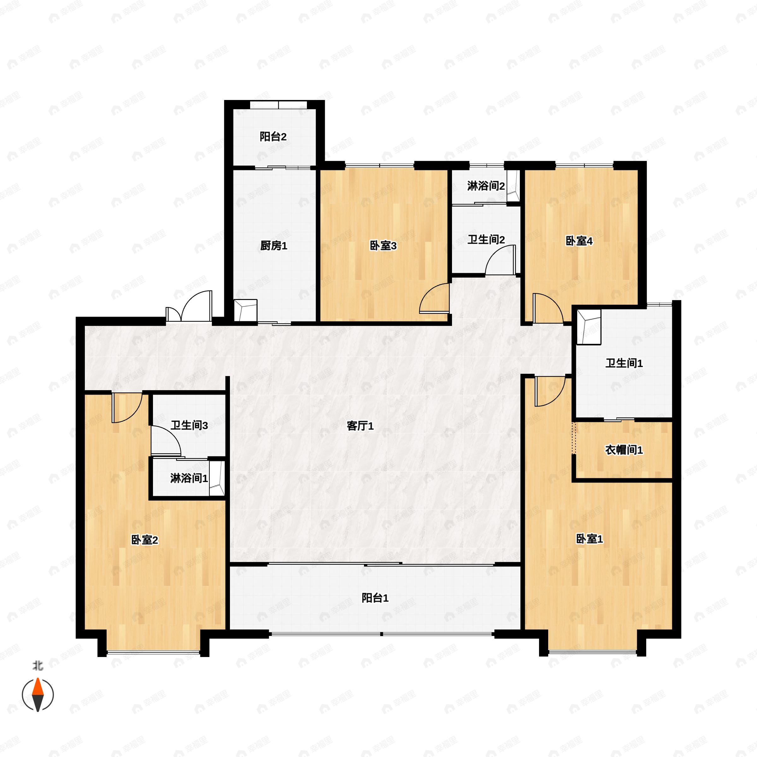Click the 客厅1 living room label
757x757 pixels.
click(360, 425)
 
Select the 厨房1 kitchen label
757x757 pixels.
click(273, 246)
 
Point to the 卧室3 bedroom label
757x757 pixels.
click(383, 246)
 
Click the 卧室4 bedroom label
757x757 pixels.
click(579, 241)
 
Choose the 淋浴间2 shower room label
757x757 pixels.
click(485, 186)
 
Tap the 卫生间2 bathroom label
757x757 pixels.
click(486, 239)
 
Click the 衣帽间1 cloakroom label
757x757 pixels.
click(624, 450)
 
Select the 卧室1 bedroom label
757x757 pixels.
click(589, 539)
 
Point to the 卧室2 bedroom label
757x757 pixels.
click(144, 540)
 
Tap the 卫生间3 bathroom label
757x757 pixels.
click(189, 425)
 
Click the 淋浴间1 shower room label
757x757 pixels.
click(189, 478)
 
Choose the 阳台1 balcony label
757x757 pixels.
click(375, 598)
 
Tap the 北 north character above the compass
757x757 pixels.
click(38, 665)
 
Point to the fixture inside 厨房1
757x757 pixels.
click(245, 310)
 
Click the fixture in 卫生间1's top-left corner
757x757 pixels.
click(589, 327)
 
